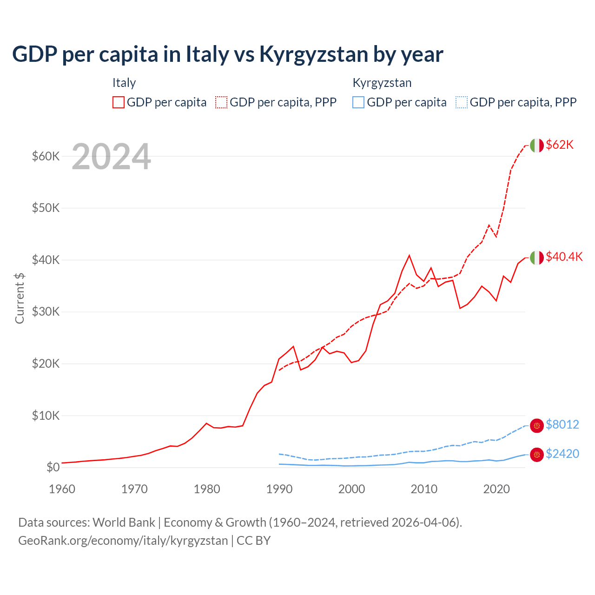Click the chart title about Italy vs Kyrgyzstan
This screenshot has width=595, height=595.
(x=227, y=54)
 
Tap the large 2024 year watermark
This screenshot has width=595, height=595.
(x=111, y=157)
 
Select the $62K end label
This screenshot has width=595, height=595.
(x=560, y=145)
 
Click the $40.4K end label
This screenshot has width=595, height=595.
(x=564, y=257)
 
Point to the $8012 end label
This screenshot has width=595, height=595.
(x=562, y=425)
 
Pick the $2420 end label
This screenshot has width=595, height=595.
(x=562, y=454)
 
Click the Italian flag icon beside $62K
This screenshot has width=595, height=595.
(x=537, y=145)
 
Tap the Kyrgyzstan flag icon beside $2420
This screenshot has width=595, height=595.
(x=537, y=455)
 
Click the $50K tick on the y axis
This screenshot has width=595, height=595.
(x=46, y=208)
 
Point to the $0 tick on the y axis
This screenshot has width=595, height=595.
(x=53, y=467)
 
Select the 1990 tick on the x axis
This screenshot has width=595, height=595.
(x=279, y=489)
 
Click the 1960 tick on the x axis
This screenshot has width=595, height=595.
(x=62, y=489)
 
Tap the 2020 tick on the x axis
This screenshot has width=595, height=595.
(x=496, y=489)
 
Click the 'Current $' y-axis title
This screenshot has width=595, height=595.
(x=20, y=298)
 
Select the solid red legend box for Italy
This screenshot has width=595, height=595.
(x=119, y=102)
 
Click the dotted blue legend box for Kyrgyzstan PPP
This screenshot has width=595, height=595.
(x=462, y=102)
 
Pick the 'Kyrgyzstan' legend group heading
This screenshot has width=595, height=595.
(x=382, y=83)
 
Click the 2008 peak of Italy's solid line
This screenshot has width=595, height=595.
(x=409, y=255)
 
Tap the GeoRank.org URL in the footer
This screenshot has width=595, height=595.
(x=123, y=541)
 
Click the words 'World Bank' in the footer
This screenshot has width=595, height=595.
(x=124, y=522)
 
